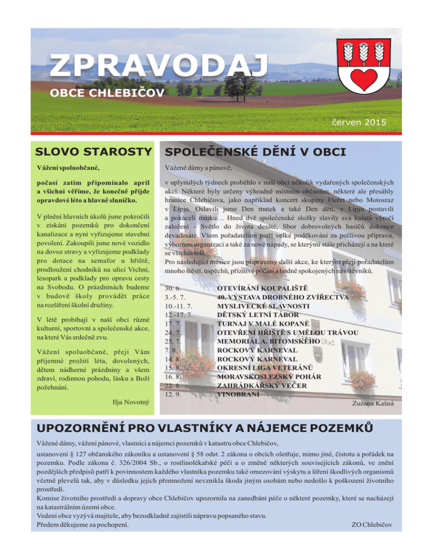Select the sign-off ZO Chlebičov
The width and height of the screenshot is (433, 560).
pyautogui.click(x=371, y=525)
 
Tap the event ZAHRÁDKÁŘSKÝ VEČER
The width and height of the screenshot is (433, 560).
pyautogui.click(x=262, y=385)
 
